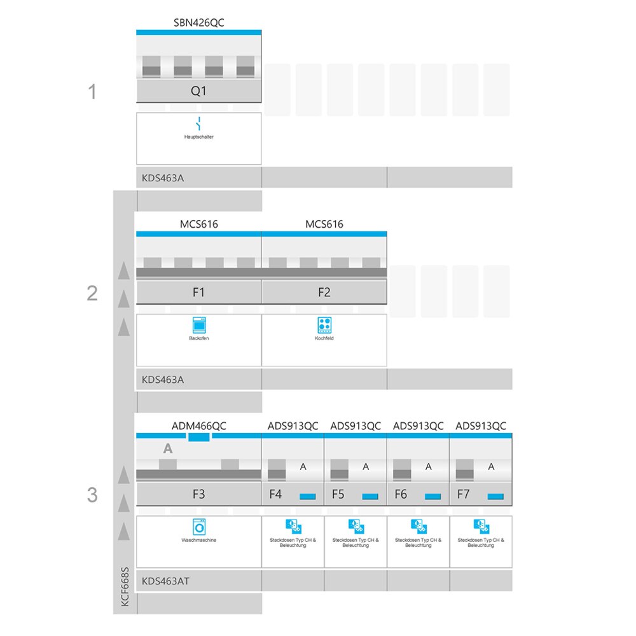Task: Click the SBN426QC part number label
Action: [198, 23]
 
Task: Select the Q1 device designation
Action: [198, 91]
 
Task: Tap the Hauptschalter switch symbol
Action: [198, 123]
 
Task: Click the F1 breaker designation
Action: [198, 293]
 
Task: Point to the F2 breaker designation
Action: [324, 293]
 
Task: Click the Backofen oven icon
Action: [199, 325]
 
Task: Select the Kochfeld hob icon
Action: [324, 325]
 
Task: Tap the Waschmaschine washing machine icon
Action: [199, 527]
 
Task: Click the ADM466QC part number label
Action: [198, 426]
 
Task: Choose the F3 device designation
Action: [198, 494]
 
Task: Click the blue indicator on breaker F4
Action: [307, 497]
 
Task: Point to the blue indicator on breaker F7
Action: [495, 497]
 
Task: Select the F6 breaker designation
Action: [401, 494]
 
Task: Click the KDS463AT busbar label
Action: [165, 581]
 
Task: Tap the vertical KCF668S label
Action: [125, 586]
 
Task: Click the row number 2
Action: [92, 293]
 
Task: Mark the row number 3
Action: [92, 495]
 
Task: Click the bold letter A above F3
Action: [168, 448]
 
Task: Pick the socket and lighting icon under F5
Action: [356, 527]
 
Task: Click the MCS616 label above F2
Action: [324, 225]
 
